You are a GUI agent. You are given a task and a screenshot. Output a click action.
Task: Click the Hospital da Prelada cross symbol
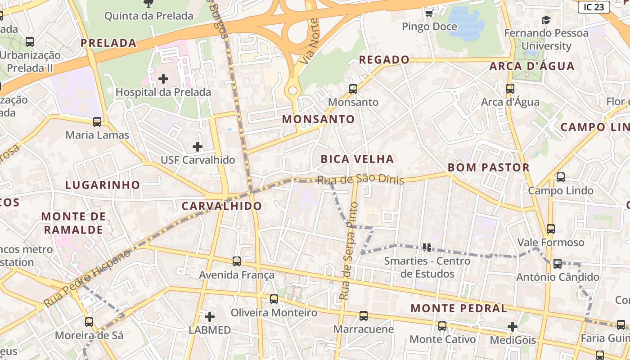163,79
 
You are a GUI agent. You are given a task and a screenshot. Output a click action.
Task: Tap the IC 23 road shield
594,7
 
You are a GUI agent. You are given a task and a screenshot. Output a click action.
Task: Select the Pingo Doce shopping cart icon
429,13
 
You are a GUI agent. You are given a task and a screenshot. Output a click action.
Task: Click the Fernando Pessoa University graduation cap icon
546,20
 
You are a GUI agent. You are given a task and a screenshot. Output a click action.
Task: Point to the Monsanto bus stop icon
353,89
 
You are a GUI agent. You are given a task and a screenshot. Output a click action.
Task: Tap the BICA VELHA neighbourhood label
357,159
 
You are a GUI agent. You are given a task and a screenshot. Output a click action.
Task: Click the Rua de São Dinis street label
360,180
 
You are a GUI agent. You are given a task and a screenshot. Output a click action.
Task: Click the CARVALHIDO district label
221,206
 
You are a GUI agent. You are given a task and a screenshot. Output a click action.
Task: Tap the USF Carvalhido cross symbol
198,147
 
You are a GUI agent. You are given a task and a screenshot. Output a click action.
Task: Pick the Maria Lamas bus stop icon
97,122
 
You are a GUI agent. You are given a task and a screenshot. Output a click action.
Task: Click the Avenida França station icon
237,261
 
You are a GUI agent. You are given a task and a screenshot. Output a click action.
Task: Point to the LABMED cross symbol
210,316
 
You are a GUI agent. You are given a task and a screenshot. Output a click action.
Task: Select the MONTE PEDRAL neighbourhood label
459,309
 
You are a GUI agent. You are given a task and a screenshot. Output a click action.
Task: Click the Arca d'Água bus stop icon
510,89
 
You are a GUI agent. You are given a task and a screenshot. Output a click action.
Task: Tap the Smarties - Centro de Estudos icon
427,247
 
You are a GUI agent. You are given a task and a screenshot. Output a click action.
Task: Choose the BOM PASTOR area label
488,168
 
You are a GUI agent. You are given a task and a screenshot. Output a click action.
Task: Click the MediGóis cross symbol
513,327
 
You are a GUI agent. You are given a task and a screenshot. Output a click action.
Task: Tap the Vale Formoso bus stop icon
550,229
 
